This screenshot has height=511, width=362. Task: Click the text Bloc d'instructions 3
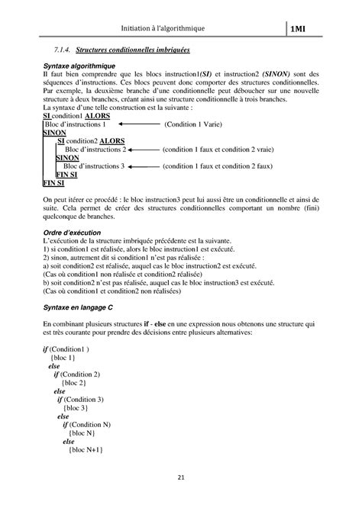pyautogui.click(x=93, y=166)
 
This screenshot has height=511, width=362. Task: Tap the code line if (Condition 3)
pyautogui.click(x=80, y=400)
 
